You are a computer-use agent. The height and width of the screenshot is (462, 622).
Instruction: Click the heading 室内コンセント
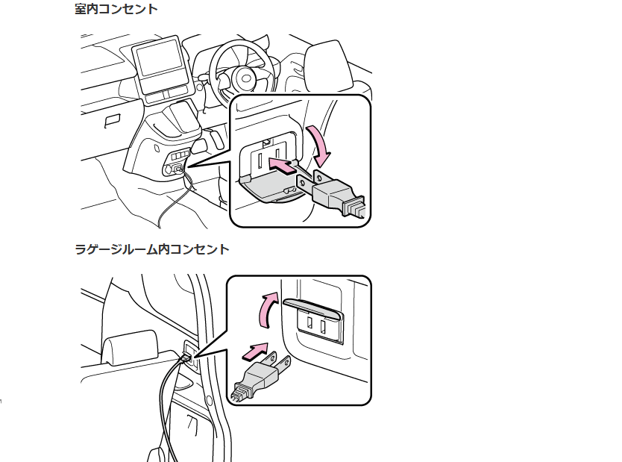(x=116, y=10)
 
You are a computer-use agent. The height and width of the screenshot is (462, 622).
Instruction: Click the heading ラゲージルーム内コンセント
(x=151, y=249)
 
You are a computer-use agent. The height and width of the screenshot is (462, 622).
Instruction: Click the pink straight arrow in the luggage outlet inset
(x=255, y=350)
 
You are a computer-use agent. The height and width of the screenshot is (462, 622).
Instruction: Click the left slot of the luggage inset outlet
(x=307, y=322)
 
